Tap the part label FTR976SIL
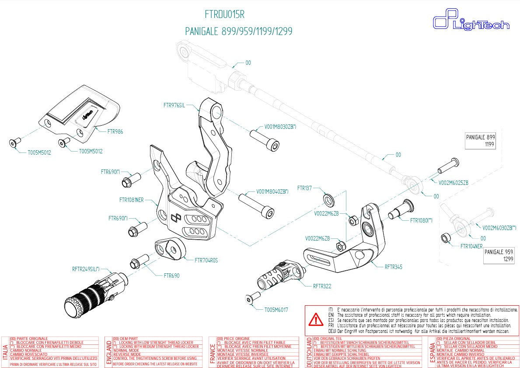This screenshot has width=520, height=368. pyautogui.click(x=177, y=105)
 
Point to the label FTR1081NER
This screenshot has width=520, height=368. pyautogui.click(x=131, y=200)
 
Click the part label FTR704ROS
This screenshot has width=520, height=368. pyautogui.click(x=206, y=260)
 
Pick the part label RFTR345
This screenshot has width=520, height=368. pyautogui.click(x=393, y=266)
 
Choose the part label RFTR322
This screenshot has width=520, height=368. pyautogui.click(x=322, y=286)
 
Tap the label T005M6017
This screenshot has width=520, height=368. pyautogui.click(x=276, y=310)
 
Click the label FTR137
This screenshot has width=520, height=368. pyautogui.click(x=304, y=188)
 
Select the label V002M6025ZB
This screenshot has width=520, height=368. pyautogui.click(x=454, y=182)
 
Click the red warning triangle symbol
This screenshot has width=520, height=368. pyautogui.click(x=315, y=321)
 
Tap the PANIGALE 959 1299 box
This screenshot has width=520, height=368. pyautogui.click(x=499, y=256)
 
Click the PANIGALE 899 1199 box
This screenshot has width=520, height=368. pyautogui.click(x=480, y=141)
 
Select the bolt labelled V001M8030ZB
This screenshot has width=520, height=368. pyautogui.click(x=264, y=139)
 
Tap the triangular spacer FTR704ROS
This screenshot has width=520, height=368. pyautogui.click(x=171, y=250)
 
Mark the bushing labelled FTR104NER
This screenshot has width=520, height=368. pyautogui.click(x=444, y=238)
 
